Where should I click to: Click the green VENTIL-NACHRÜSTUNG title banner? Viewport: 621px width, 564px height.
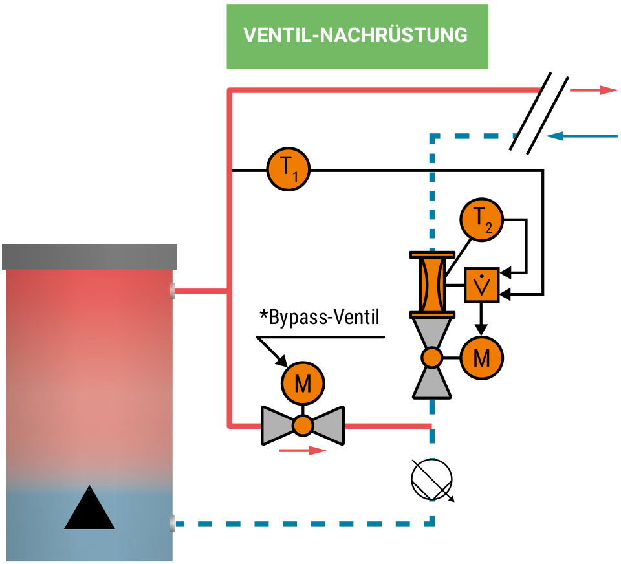(x=357, y=36)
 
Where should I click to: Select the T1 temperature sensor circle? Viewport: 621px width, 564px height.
(x=289, y=170)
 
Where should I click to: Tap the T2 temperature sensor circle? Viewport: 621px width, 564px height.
(x=481, y=220)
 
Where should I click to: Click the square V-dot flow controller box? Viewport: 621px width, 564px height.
(x=481, y=285)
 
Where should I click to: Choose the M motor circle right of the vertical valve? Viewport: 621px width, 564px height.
(x=481, y=357)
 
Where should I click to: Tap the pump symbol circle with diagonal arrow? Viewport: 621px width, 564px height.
(x=431, y=479)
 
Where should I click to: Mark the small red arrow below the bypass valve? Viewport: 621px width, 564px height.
(x=303, y=450)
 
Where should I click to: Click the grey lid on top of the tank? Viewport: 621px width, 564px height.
(x=89, y=257)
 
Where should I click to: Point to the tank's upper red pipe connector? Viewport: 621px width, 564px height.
(x=172, y=291)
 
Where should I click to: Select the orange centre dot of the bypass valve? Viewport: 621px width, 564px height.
(x=303, y=425)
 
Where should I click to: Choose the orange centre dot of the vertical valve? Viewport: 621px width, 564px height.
(x=431, y=357)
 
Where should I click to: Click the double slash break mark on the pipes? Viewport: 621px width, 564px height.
(x=539, y=113)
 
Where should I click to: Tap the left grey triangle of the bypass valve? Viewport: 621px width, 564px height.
(x=276, y=425)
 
